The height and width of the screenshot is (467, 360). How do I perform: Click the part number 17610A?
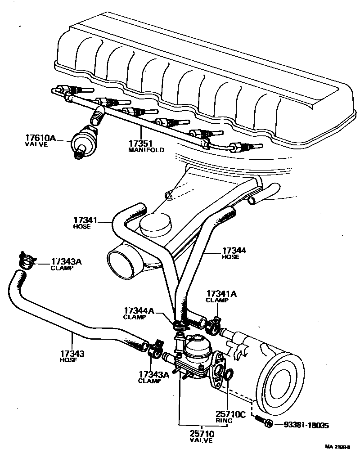[x=40, y=138]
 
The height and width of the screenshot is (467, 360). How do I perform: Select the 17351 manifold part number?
[x=139, y=143]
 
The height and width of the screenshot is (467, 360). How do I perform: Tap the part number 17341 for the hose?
[x=85, y=220]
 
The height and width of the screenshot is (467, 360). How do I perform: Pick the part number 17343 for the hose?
[x=72, y=354]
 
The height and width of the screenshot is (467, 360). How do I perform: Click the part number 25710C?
[x=230, y=414]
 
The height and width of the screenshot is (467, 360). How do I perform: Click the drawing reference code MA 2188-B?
[x=338, y=447]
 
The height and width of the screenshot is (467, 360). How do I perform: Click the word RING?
[x=224, y=421]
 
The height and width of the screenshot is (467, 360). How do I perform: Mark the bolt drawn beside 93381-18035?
[x=263, y=422]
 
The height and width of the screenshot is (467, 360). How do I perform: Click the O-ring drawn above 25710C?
[x=228, y=374]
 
